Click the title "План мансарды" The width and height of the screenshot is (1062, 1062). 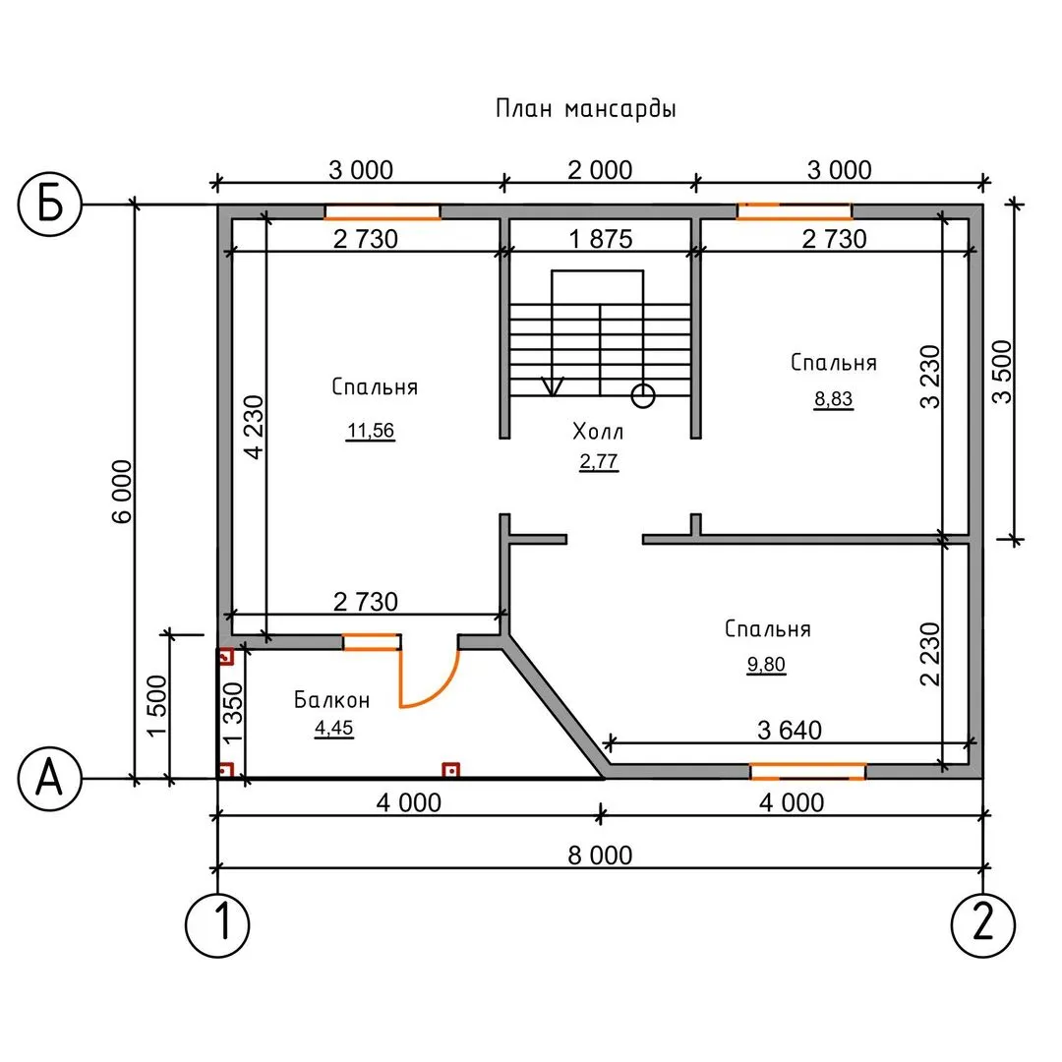coord(586,108)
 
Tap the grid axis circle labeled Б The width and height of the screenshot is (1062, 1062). coord(49,205)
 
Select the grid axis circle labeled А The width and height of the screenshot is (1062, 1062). coord(49,779)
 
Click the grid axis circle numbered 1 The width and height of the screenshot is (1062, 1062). coord(217,923)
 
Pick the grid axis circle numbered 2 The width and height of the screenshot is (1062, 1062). coord(983,923)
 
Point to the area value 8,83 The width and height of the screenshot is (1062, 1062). coord(833,398)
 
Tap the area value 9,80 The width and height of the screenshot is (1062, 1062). coord(767,665)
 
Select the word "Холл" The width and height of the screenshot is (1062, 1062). coord(598,431)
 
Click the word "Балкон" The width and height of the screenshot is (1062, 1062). coord(332,700)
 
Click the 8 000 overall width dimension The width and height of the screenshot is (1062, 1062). coord(600,855)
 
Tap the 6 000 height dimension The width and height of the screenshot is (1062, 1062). coord(121,492)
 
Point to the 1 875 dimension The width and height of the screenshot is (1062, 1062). coord(599,239)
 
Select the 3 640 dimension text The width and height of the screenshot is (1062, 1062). coord(789,730)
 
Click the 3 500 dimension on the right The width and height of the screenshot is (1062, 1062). coord(1001,371)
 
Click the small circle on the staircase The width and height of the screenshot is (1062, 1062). coord(643,395)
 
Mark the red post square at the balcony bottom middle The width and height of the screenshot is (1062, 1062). coord(451,770)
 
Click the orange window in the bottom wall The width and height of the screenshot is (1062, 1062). coord(807,770)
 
